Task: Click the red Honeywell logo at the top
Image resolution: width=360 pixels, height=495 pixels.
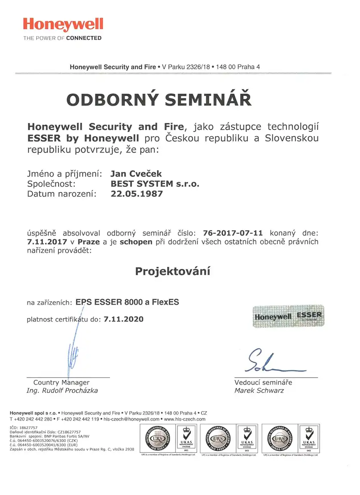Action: tap(63, 24)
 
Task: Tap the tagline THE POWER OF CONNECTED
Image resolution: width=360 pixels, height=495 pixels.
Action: tap(62, 38)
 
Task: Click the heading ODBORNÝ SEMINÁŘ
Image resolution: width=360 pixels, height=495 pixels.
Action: tap(159, 99)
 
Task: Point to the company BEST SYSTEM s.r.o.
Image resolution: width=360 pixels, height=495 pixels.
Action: tap(155, 183)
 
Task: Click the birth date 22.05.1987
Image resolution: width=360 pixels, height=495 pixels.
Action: tap(137, 193)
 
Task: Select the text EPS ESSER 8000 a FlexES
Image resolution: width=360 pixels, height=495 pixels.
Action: tap(127, 302)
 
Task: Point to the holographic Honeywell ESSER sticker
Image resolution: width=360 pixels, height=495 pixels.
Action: tap(288, 317)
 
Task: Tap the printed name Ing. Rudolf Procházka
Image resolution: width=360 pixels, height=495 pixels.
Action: tap(62, 391)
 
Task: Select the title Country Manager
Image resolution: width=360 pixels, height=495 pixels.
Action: tap(61, 382)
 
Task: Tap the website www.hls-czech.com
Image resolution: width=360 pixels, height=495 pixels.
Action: tap(185, 419)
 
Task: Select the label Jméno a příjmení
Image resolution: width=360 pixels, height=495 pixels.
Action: tap(64, 174)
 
